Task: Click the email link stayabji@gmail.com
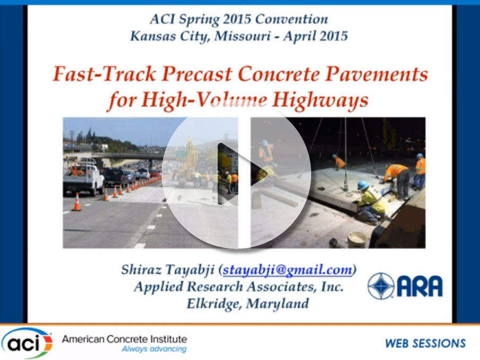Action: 287,270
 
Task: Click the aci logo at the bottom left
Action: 27,342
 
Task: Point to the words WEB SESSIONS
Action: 425,344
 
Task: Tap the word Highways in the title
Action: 324,100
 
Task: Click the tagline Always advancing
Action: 153,349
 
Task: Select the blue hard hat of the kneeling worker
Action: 363,185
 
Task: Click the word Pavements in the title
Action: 383,74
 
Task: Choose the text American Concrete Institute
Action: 124,339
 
